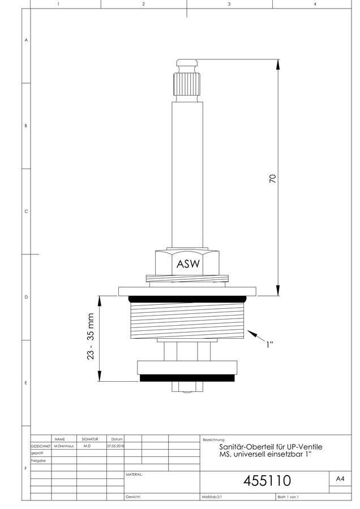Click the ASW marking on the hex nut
(x=188, y=264)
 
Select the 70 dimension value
(x=273, y=179)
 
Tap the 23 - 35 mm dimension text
(x=91, y=337)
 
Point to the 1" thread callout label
(x=269, y=344)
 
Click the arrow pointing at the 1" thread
(x=256, y=335)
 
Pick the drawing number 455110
(x=267, y=481)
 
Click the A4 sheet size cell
(x=340, y=478)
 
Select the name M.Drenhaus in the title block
(x=64, y=446)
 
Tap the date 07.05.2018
(x=115, y=446)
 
